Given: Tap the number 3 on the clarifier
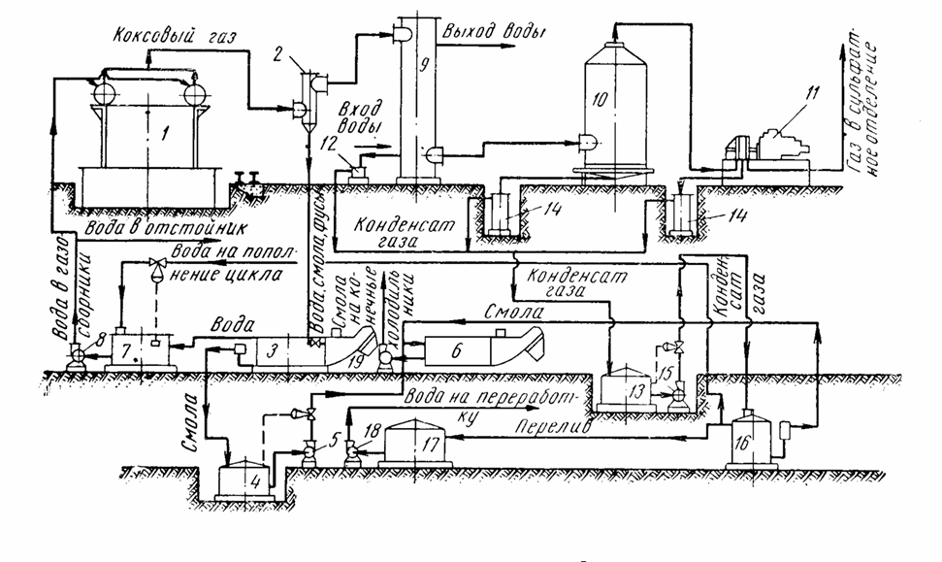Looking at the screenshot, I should tap(274, 347).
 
